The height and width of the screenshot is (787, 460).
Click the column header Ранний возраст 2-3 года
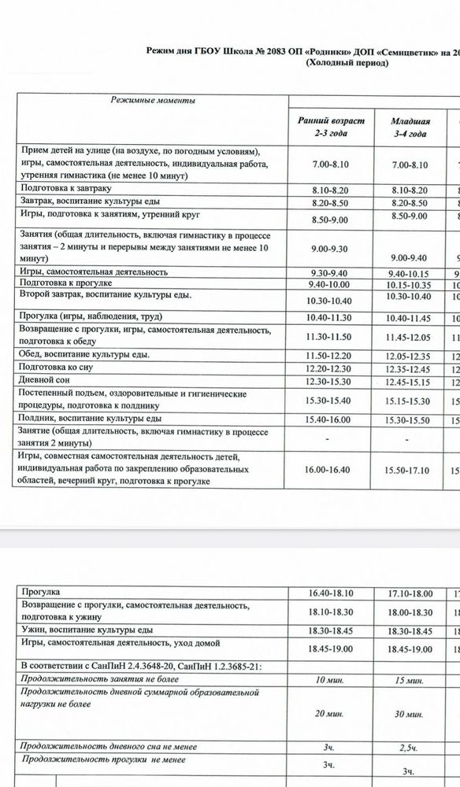pos(331,127)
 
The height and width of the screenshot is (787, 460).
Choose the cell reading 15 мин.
pos(409,679)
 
